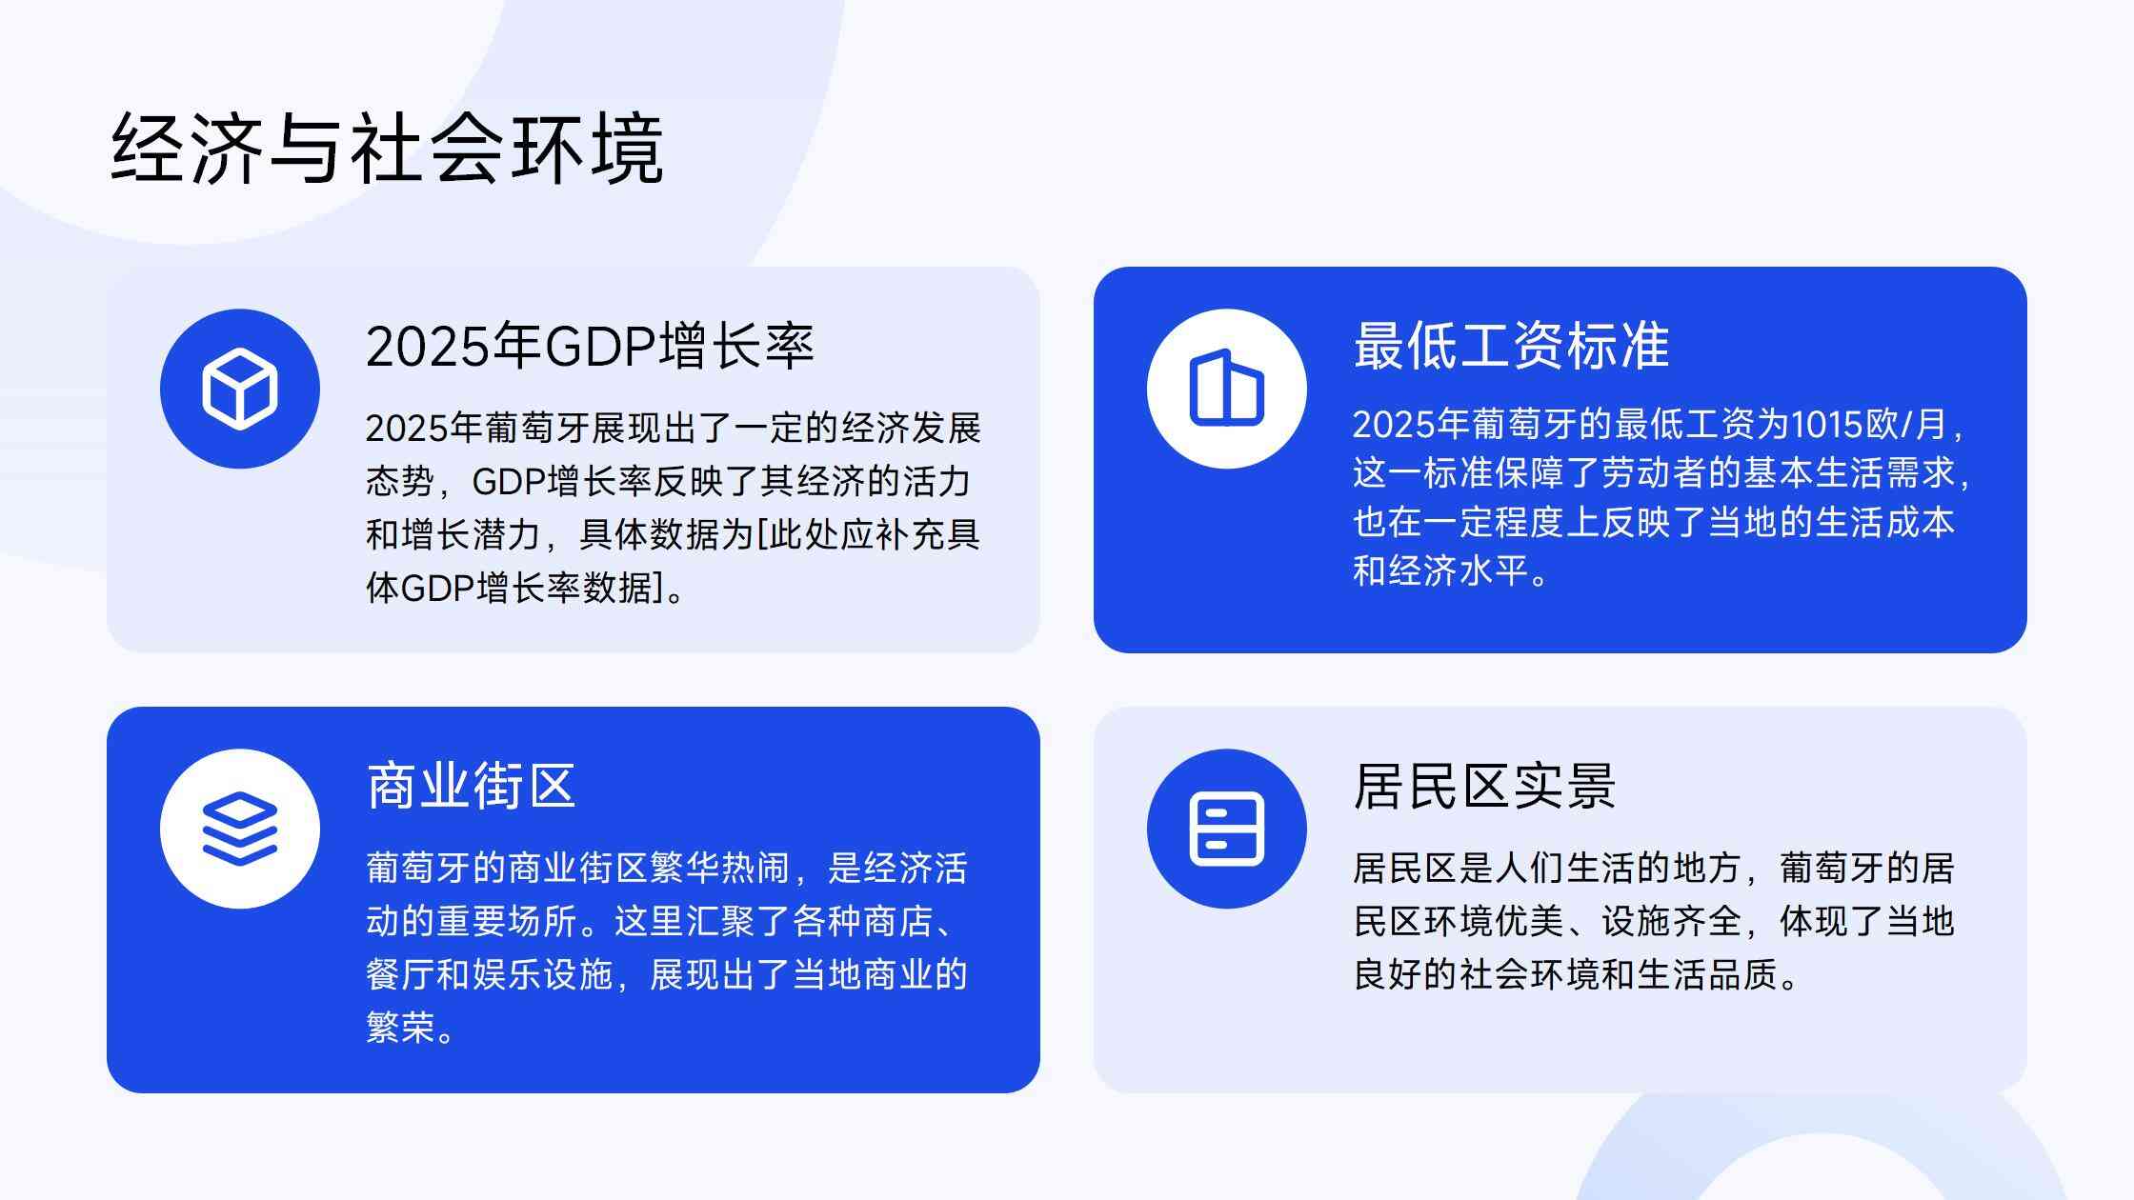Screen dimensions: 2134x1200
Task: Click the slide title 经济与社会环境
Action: tap(387, 149)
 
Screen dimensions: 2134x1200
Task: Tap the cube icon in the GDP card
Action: tap(240, 389)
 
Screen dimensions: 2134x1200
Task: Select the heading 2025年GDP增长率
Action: tap(590, 346)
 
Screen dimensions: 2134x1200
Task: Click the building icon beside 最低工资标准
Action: tap(1227, 388)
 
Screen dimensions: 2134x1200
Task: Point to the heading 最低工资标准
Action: tap(1512, 346)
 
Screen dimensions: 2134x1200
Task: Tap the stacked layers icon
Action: tap(240, 829)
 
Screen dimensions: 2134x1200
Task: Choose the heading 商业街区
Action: tap(472, 786)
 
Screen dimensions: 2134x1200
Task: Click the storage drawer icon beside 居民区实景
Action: tap(1227, 829)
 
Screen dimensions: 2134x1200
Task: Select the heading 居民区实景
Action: tap(1485, 786)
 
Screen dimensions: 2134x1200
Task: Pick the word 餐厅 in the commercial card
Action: tap(401, 974)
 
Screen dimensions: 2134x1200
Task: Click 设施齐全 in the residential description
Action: tap(1671, 921)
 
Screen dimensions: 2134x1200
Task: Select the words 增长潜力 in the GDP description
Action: tap(472, 534)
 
